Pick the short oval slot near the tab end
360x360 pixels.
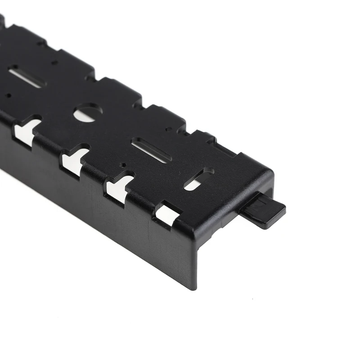(x=198, y=179)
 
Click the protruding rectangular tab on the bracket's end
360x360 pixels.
(x=264, y=211)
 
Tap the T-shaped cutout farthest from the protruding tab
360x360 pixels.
(x=27, y=130)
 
